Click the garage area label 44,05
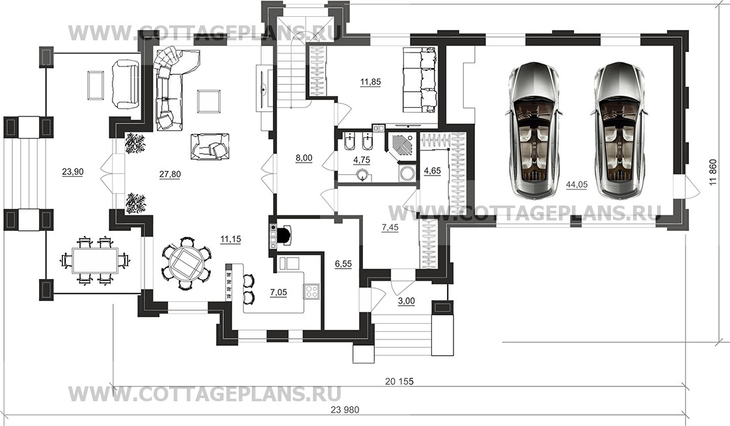click(576, 185)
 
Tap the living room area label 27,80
click(170, 174)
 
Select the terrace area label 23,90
click(73, 172)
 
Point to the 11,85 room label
click(371, 83)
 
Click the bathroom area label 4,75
click(362, 160)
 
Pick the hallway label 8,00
click(304, 158)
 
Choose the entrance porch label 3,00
click(407, 301)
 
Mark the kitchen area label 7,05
click(278, 293)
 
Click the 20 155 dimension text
click(399, 382)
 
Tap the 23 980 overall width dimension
click(345, 410)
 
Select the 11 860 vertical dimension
click(713, 173)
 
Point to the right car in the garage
click(619, 130)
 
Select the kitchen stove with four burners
click(311, 291)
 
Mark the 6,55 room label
click(343, 264)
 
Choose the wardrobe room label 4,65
click(432, 171)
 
